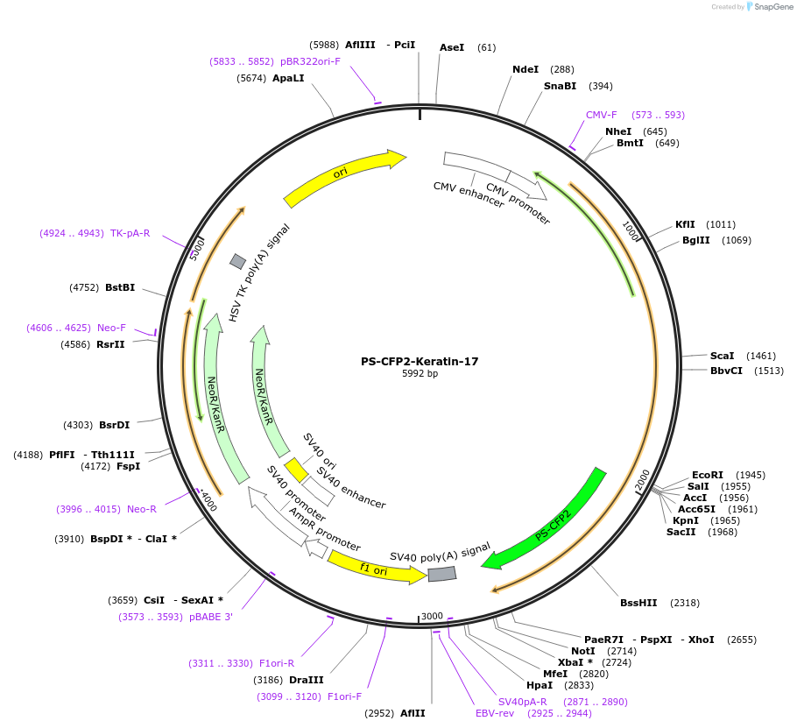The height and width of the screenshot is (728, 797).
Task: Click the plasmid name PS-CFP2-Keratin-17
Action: point(420,361)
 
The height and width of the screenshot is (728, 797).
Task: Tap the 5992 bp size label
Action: point(420,374)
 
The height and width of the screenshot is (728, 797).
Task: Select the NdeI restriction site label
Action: point(525,69)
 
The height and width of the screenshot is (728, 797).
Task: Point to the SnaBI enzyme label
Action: point(560,86)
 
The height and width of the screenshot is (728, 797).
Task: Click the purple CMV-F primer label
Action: point(601,115)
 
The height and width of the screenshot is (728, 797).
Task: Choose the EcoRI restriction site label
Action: point(708,475)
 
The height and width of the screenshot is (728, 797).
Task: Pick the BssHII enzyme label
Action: point(638,603)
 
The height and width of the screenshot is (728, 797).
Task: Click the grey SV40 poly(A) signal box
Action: point(442,574)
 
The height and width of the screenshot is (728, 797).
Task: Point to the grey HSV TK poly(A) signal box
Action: point(237,261)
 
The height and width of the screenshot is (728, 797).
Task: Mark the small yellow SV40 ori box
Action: point(296,470)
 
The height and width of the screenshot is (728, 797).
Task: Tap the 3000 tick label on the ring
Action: point(432,617)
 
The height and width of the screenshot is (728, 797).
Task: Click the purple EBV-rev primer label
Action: point(495,713)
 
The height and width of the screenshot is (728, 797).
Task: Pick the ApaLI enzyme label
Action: point(288,78)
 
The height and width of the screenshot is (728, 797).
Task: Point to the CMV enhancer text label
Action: point(469,194)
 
